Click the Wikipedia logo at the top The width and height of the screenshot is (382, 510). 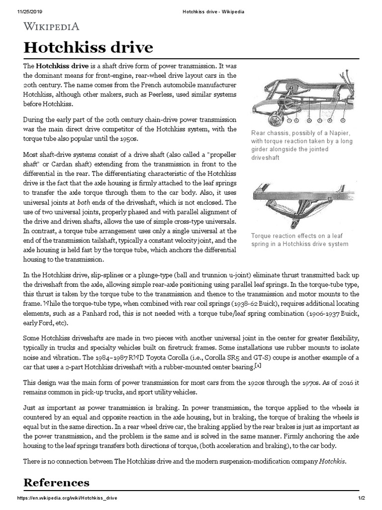click(x=51, y=26)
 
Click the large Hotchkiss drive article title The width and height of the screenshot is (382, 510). click(x=89, y=48)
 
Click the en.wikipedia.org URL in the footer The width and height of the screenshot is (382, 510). click(x=68, y=498)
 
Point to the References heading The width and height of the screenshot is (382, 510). click(x=57, y=482)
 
